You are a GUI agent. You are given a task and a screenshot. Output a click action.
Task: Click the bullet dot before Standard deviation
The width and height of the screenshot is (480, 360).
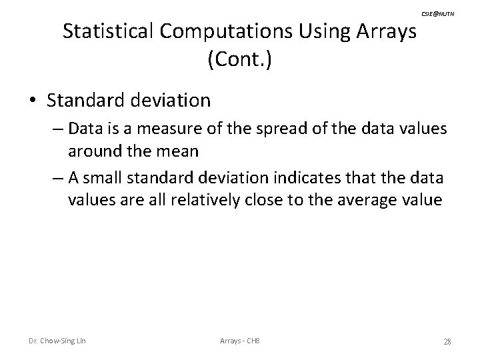(x=33, y=101)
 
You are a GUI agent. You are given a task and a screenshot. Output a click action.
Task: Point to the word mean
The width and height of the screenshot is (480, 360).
(x=177, y=150)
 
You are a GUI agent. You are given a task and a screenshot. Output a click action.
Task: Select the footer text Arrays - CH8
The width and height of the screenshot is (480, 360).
(x=240, y=341)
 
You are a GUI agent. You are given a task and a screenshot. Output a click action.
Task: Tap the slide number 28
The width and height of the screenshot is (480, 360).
(x=447, y=341)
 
